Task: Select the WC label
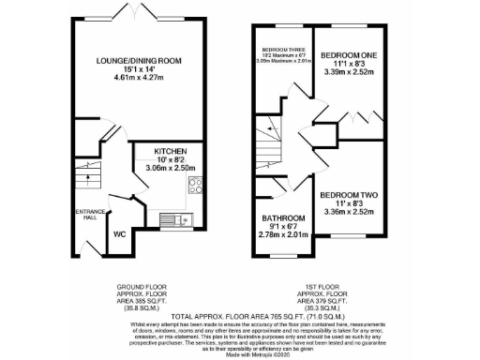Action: (x=121, y=233)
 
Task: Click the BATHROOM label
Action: (x=282, y=217)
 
